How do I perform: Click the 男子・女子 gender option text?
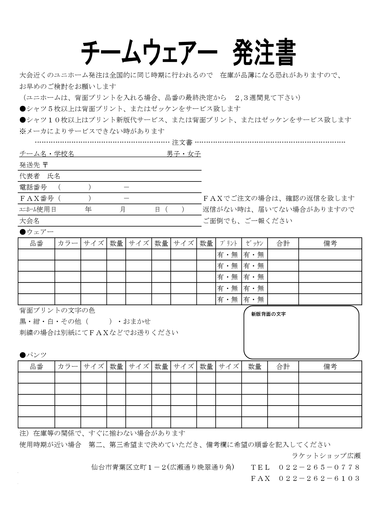[184, 154]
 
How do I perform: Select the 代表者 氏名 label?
[40, 176]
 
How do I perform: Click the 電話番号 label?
[33, 187]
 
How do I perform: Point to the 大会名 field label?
[29, 221]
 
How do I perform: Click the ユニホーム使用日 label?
[38, 209]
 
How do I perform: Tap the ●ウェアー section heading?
[36, 232]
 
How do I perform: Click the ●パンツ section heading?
[33, 355]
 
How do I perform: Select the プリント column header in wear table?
[229, 243]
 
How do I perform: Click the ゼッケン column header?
[254, 243]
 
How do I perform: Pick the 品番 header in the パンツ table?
[36, 367]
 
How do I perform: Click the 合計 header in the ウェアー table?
[283, 243]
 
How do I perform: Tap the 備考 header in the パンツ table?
[330, 367]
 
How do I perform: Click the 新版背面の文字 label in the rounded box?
[268, 314]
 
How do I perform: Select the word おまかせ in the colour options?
[137, 321]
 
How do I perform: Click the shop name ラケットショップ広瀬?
[326, 456]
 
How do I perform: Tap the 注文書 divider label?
[182, 142]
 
